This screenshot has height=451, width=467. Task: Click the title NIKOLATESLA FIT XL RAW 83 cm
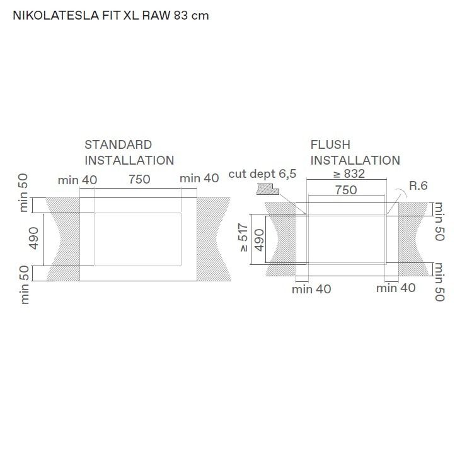(x=111, y=16)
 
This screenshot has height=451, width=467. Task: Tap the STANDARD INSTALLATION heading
(x=129, y=153)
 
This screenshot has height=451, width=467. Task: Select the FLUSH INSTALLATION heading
(x=355, y=153)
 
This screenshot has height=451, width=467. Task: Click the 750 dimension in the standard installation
(x=139, y=179)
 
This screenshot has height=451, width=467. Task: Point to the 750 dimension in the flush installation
(x=346, y=190)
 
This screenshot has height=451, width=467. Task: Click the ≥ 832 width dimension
(x=349, y=174)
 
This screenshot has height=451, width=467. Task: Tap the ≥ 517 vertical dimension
(x=243, y=238)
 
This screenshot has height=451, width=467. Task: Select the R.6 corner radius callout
(x=418, y=185)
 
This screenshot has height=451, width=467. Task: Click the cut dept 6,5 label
(x=262, y=174)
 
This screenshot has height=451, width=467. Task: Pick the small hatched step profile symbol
(x=267, y=190)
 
